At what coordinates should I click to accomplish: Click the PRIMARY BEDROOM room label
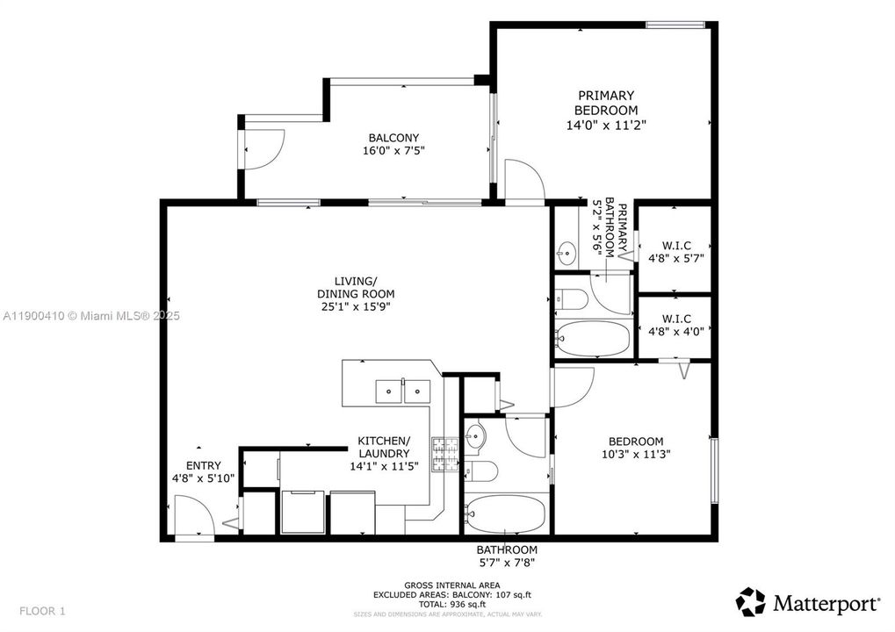[x=605, y=103]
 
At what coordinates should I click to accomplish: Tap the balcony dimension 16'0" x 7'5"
[x=393, y=151]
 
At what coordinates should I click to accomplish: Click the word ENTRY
[x=203, y=465]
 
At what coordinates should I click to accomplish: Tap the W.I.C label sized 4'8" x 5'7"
[x=675, y=251]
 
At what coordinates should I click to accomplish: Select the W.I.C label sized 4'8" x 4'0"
[x=675, y=324]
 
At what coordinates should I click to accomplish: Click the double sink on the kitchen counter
[x=403, y=391]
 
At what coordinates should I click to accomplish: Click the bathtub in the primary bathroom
[x=593, y=338]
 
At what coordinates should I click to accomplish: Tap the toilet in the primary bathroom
[x=572, y=299]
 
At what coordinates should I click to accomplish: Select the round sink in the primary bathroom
[x=565, y=255]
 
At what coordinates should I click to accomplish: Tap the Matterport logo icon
[x=750, y=602]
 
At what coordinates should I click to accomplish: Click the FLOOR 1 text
[x=43, y=611]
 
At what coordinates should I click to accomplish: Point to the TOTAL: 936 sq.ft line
[x=451, y=605]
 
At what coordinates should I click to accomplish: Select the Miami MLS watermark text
[x=90, y=315]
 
